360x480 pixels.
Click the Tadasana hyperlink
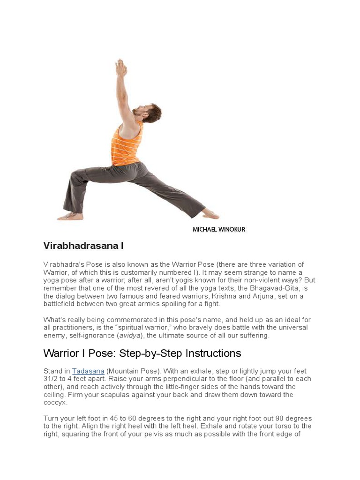pyautogui.click(x=88, y=371)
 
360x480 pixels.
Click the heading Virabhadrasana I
pyautogui.click(x=83, y=246)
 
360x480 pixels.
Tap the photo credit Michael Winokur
pyautogui.click(x=218, y=230)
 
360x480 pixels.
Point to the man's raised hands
pyautogui.click(x=121, y=67)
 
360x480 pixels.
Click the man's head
pyautogui.click(x=150, y=112)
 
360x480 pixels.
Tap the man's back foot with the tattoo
pyautogui.click(x=70, y=216)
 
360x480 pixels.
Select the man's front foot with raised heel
pyautogui.click(x=210, y=214)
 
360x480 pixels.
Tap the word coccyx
pyautogui.click(x=55, y=403)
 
